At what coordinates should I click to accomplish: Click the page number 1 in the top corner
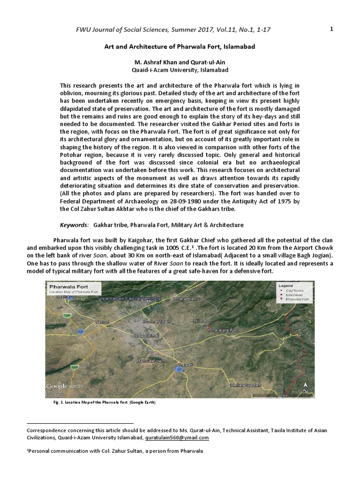pos(331,29)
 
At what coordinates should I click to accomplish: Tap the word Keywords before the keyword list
pos(74,225)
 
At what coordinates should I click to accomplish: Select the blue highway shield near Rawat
pos(178,370)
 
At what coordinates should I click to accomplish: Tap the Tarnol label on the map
pos(102,322)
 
